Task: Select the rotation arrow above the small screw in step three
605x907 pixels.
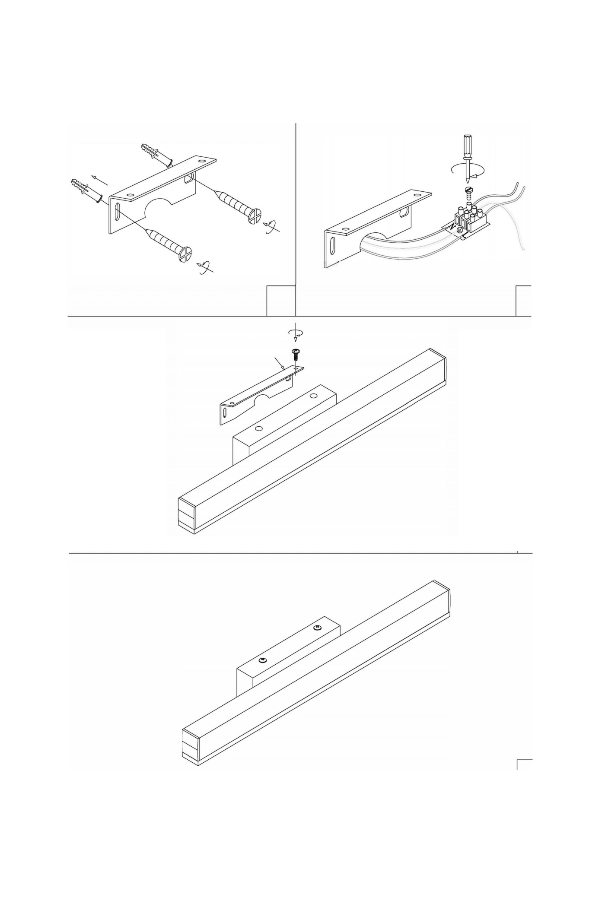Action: click(x=295, y=333)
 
